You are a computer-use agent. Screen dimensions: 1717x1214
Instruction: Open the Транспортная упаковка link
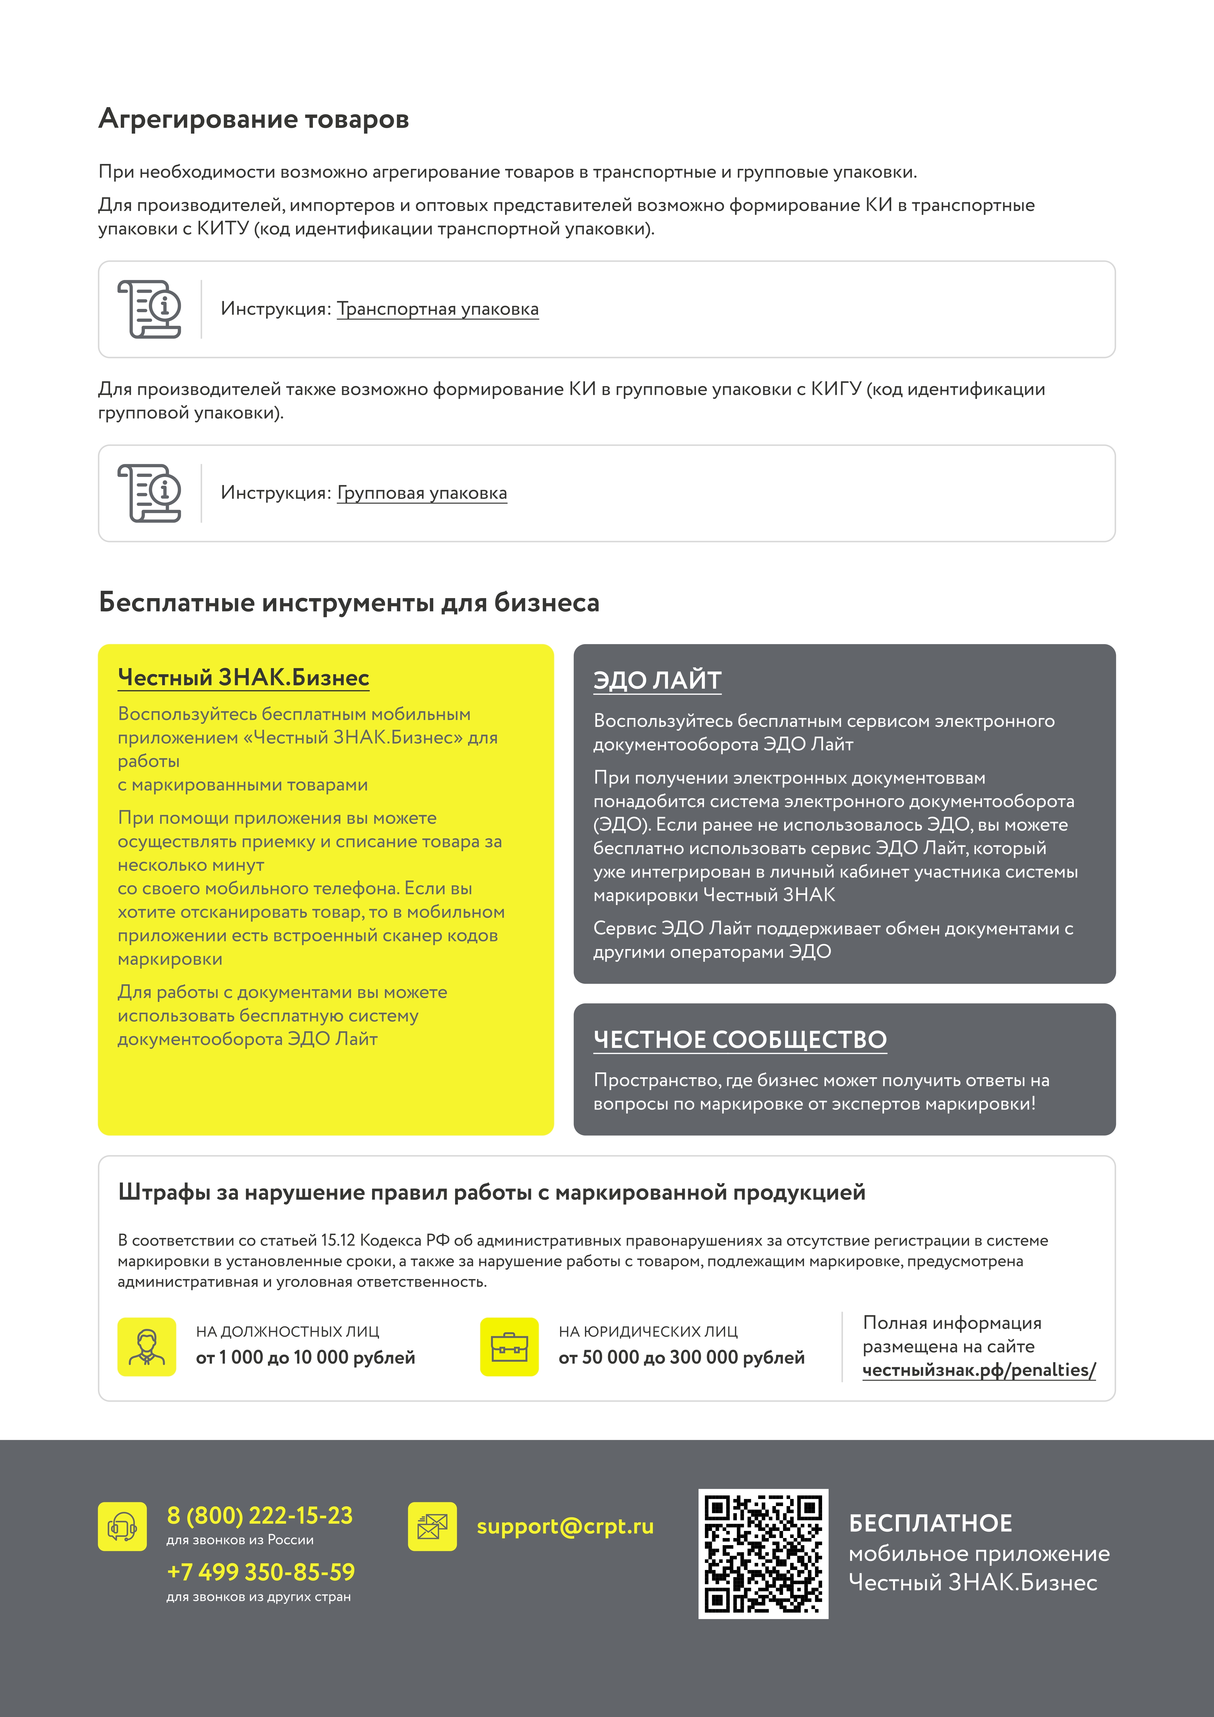click(x=437, y=309)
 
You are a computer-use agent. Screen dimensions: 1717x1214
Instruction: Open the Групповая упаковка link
click(x=422, y=493)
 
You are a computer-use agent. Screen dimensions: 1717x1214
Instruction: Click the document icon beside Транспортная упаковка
click(x=150, y=309)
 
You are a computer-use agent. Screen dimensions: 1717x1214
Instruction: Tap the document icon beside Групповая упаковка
click(x=150, y=493)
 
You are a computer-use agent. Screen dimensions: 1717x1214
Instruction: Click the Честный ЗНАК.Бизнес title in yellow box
click(x=243, y=677)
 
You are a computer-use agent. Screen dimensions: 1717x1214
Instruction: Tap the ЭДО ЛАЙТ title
click(x=657, y=681)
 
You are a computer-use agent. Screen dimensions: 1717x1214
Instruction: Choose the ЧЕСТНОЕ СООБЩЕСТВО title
click(x=740, y=1040)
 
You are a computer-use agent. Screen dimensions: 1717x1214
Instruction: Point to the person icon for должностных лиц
click(x=147, y=1347)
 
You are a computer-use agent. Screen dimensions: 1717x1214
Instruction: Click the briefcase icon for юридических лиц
click(x=509, y=1347)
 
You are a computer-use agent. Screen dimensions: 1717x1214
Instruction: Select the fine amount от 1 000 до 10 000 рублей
click(x=305, y=1357)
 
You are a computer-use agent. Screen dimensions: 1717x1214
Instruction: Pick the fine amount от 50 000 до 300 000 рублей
click(x=681, y=1357)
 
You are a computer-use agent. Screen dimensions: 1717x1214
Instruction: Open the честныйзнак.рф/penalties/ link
click(x=978, y=1370)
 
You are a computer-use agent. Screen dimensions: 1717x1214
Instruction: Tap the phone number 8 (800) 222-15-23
click(x=260, y=1515)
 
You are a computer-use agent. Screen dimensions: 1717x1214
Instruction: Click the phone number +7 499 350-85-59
click(x=260, y=1572)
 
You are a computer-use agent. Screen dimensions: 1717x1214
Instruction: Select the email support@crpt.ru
click(x=565, y=1526)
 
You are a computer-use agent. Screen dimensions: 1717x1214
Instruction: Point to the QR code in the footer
click(x=763, y=1554)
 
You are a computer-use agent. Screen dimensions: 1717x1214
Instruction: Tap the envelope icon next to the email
click(x=432, y=1526)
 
